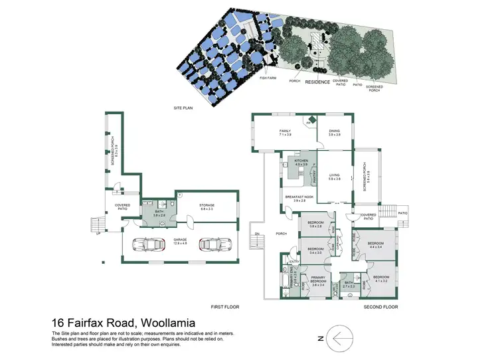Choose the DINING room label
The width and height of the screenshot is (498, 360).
click(334, 133)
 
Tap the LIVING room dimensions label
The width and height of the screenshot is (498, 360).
click(334, 178)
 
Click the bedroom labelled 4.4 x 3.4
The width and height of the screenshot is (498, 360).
click(376, 245)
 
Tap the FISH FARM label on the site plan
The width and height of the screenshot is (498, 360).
click(268, 78)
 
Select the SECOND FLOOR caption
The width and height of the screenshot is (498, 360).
click(381, 307)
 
